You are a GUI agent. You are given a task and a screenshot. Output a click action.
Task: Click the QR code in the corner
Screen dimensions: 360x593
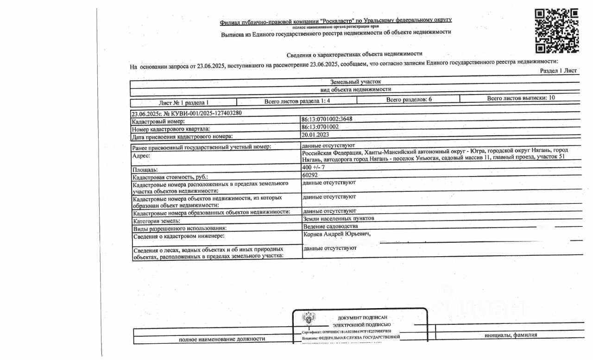point(556,31)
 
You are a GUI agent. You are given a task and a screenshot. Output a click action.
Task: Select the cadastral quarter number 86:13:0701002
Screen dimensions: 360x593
point(320,126)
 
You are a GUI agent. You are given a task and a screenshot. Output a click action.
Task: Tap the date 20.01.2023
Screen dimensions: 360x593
point(315,134)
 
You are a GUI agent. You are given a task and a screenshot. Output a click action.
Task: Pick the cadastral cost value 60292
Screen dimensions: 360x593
point(310,175)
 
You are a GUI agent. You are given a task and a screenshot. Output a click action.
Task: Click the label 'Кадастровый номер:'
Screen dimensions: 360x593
point(158,121)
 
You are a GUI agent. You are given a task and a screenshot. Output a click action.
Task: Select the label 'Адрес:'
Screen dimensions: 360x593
point(141,156)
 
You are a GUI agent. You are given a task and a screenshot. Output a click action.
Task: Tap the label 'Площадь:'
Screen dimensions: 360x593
point(145,170)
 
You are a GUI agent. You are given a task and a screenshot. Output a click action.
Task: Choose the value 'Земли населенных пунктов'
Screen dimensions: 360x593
point(339,218)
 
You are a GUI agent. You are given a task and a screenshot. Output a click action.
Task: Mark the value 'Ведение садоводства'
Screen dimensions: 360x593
point(330,226)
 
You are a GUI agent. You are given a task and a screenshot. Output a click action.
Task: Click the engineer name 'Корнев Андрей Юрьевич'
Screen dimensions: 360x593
point(337,234)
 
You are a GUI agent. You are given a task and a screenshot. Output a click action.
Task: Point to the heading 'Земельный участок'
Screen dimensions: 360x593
point(355,82)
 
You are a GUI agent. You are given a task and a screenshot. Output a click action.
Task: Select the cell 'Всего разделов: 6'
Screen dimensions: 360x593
point(409,100)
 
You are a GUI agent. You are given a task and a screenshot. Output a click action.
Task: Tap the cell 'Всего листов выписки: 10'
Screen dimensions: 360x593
point(520,98)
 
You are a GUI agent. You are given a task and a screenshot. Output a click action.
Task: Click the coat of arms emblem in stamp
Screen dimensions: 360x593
point(307,319)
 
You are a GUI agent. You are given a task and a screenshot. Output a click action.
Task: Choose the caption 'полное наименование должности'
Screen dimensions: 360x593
point(222,339)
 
